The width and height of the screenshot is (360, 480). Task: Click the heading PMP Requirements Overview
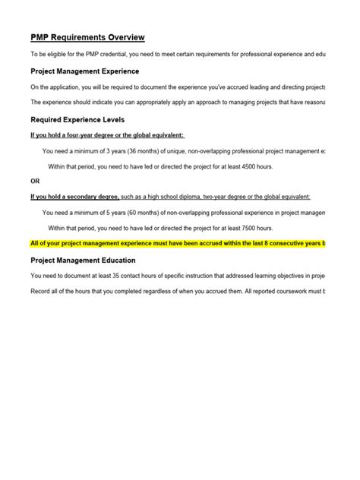click(87, 37)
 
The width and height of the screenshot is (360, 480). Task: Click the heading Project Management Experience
click(84, 71)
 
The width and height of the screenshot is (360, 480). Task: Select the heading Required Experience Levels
click(77, 119)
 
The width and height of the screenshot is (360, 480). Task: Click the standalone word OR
click(35, 181)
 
